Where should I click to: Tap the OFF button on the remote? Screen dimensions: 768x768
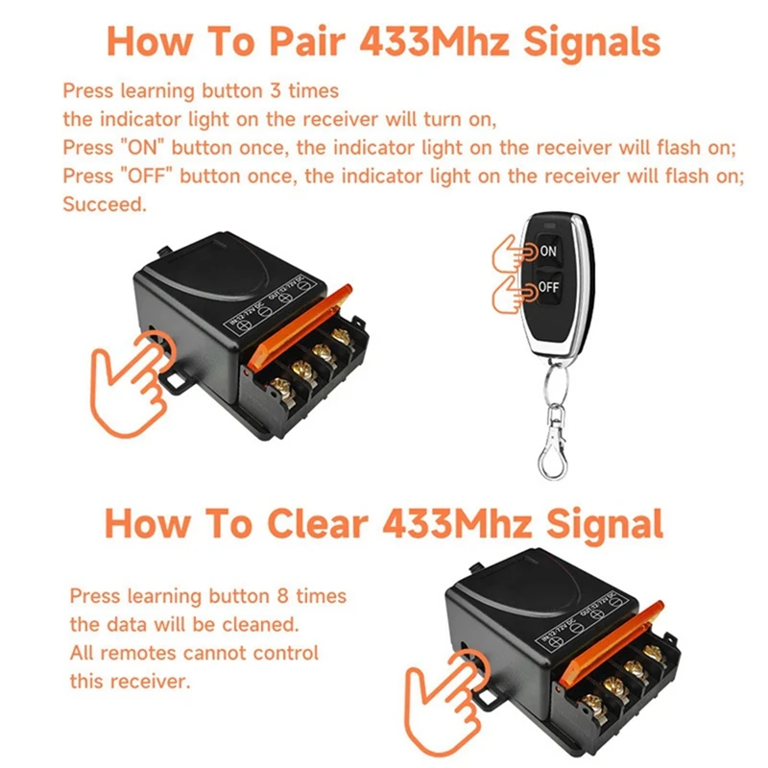coord(547,287)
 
